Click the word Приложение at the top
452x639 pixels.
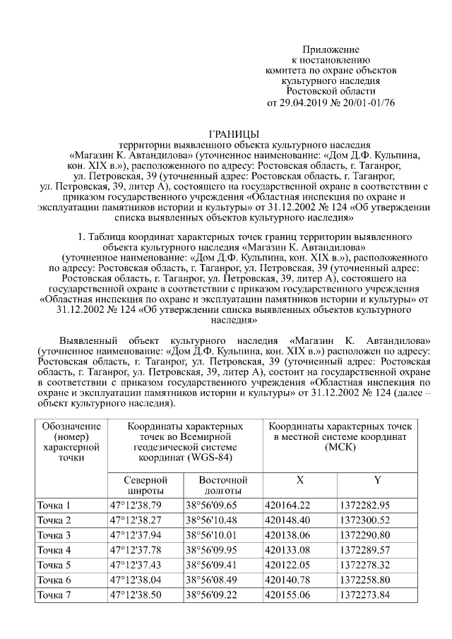(x=331, y=49)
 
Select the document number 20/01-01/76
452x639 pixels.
(x=368, y=102)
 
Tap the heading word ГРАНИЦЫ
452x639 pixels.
(x=234, y=133)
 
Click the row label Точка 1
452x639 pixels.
(x=54, y=505)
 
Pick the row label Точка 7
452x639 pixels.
(x=54, y=595)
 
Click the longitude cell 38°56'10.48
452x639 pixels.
(x=212, y=520)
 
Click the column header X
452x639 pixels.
(x=300, y=479)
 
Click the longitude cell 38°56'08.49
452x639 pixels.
(x=212, y=580)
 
